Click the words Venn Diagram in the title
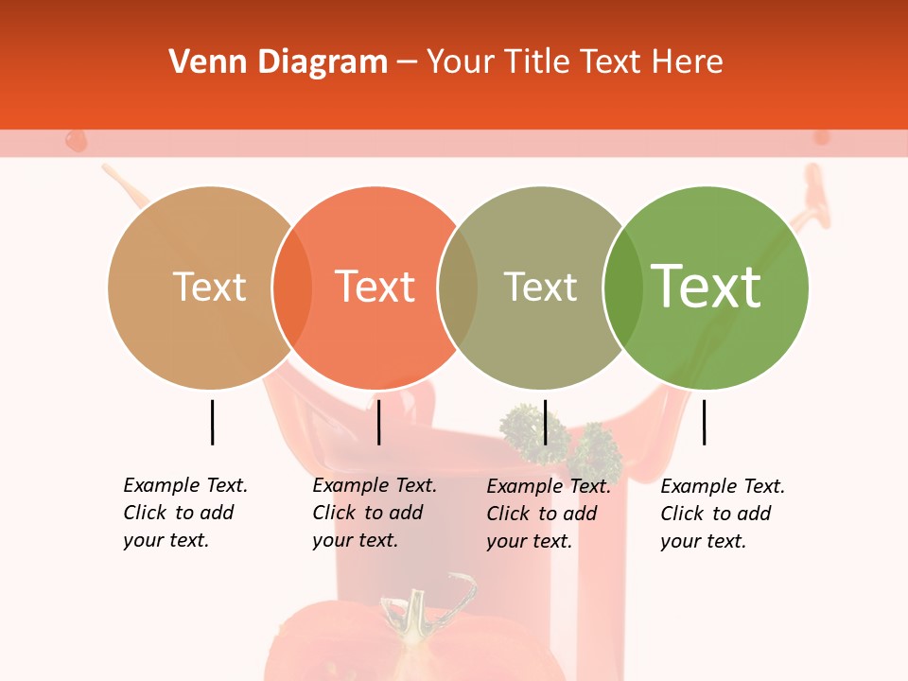click(x=278, y=62)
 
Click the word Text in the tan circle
click(x=210, y=287)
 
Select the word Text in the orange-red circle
click(x=375, y=287)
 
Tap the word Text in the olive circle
click(x=540, y=287)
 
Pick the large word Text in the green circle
click(x=706, y=287)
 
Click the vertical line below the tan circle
click(x=212, y=422)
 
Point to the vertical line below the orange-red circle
click(x=378, y=422)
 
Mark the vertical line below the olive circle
click(x=545, y=422)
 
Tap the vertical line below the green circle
click(x=705, y=422)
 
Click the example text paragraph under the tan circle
click(x=185, y=513)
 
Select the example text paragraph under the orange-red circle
click(x=375, y=513)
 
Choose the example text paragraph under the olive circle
click(x=549, y=514)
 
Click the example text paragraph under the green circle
click(x=723, y=514)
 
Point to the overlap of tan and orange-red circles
click(x=292, y=288)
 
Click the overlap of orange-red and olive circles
click(x=458, y=288)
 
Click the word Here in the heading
click(x=689, y=62)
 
